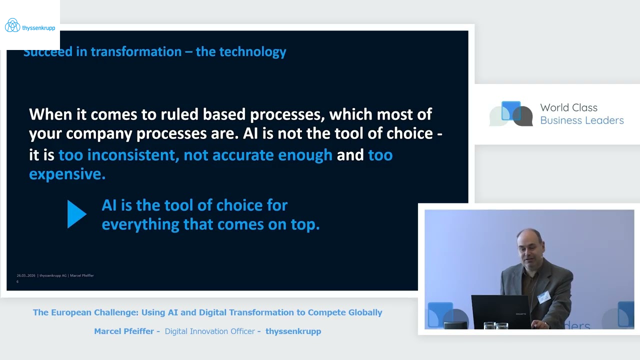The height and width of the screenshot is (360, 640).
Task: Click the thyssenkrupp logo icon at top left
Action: coord(12,25)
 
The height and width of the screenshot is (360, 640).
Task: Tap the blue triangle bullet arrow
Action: coord(76,214)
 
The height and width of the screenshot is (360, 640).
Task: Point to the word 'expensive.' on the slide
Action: coord(67,174)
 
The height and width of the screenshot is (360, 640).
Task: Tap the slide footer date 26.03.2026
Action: coord(26,275)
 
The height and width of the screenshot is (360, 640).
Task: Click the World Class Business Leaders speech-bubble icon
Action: coord(511,114)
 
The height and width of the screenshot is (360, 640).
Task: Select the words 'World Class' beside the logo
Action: coord(568,107)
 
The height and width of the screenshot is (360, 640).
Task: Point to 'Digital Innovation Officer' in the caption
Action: coord(209,331)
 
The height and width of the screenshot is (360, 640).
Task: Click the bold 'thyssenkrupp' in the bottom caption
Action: coord(293,331)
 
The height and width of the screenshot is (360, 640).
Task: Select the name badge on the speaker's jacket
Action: coord(543,297)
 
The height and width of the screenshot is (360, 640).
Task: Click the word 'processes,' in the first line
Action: coord(287,114)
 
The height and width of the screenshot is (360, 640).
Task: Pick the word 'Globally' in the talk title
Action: coord(364,312)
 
